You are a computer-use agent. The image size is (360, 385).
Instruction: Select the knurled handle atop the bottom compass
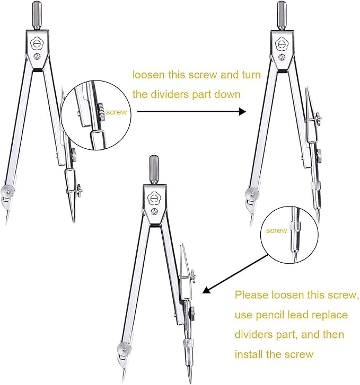[154, 165]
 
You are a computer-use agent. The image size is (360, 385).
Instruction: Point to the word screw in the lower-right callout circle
[276, 230]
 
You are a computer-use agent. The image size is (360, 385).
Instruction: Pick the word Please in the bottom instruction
[254, 294]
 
